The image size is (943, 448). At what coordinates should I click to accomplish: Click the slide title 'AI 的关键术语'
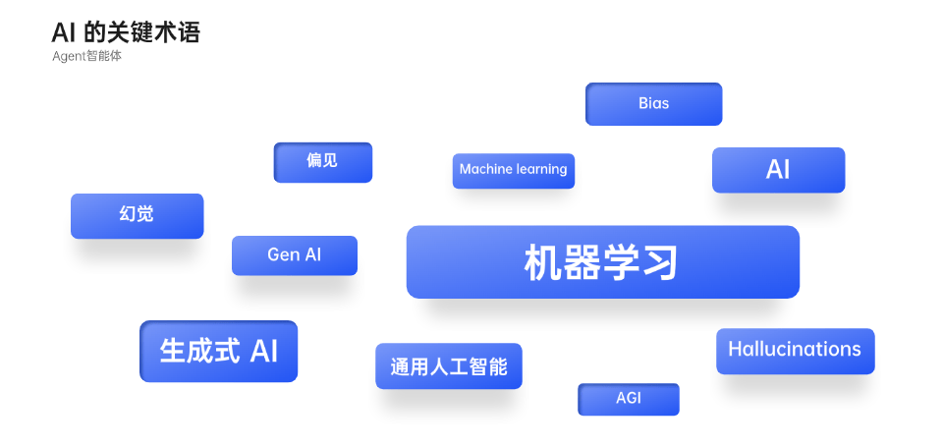(x=125, y=33)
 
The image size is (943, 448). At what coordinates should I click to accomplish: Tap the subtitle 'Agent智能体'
(x=86, y=57)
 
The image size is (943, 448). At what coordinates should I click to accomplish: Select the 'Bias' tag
(x=654, y=104)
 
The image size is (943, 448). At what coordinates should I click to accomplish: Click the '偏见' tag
(x=323, y=162)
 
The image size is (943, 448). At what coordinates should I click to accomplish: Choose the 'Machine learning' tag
(x=514, y=171)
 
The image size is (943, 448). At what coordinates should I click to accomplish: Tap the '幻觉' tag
(x=138, y=216)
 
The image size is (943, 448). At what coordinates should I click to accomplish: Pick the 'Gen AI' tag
(x=295, y=255)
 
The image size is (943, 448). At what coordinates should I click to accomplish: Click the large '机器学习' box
(x=602, y=262)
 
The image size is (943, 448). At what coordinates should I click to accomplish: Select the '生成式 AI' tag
(x=218, y=351)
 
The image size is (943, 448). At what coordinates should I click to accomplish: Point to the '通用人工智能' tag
(x=449, y=366)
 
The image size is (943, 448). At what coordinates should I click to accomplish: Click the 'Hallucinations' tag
(x=795, y=351)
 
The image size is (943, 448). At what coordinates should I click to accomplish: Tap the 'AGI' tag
(x=629, y=399)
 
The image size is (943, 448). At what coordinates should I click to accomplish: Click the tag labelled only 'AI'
(x=778, y=170)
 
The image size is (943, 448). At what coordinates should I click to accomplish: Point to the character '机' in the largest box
(x=543, y=263)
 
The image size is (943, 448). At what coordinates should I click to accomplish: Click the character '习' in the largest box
(x=660, y=263)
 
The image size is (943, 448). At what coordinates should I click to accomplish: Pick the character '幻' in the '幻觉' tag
(x=128, y=214)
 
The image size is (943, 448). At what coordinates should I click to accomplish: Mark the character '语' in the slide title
(x=189, y=33)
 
